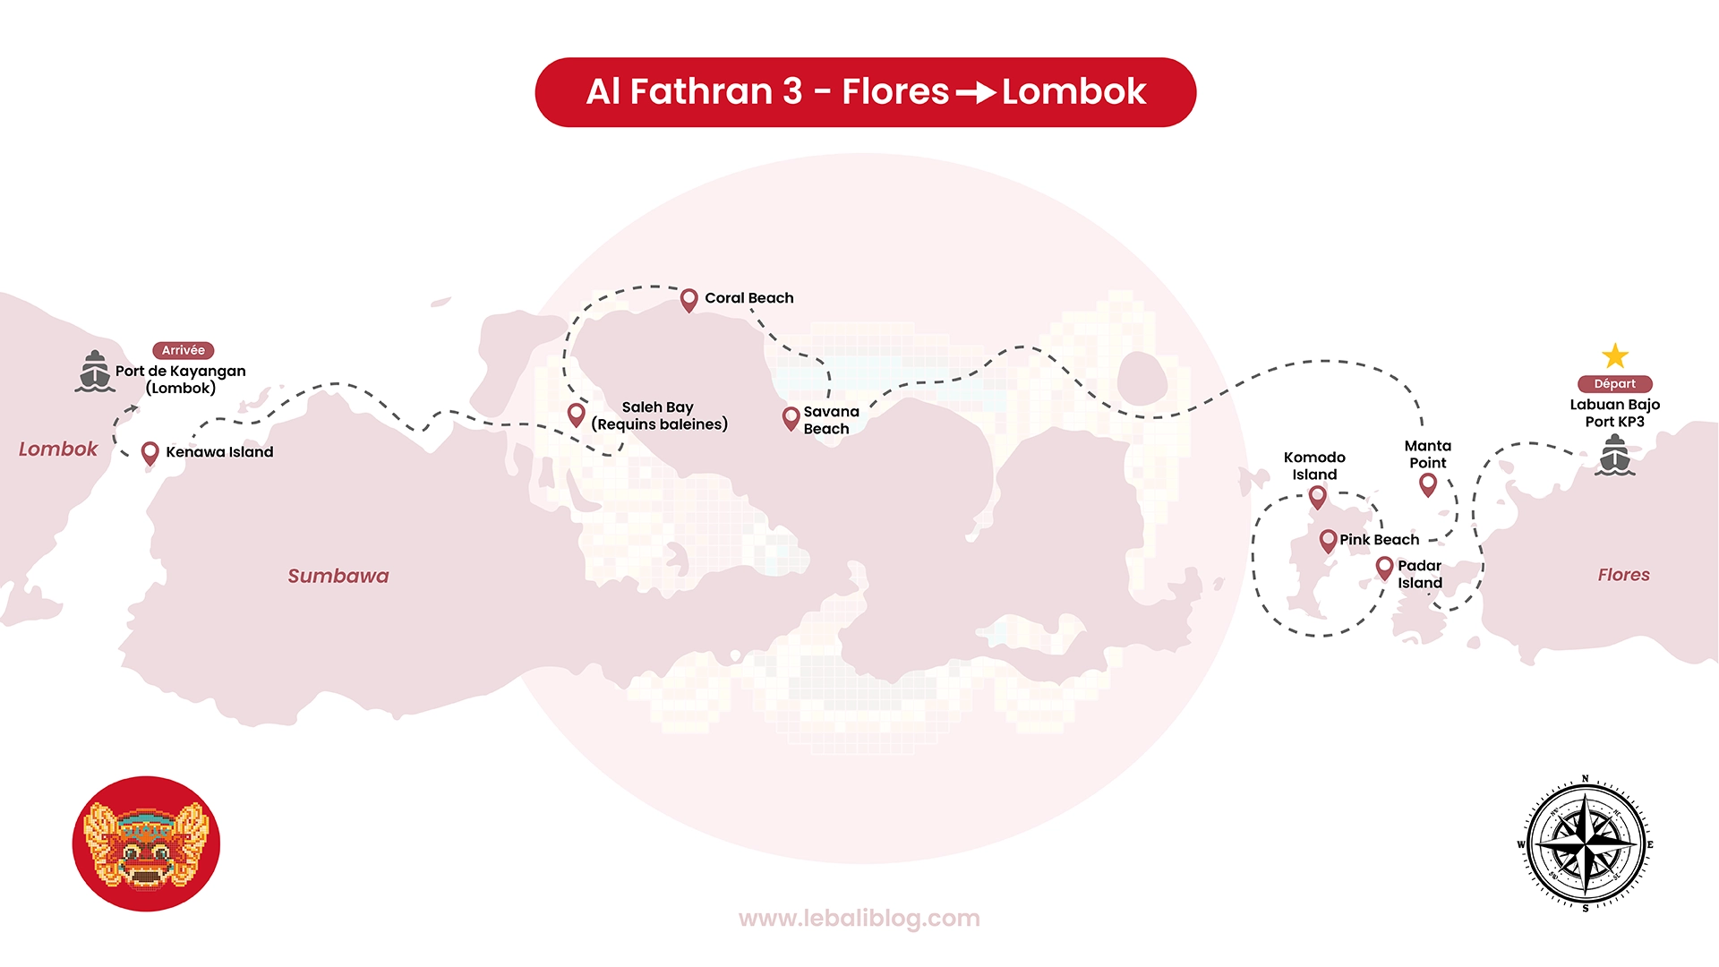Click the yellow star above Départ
click(x=1615, y=356)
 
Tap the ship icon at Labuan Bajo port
click(x=1615, y=455)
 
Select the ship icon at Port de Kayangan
click(x=95, y=372)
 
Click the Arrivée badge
click(x=184, y=350)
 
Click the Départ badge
click(x=1615, y=383)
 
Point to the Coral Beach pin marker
click(x=688, y=300)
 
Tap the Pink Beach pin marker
click(x=1328, y=541)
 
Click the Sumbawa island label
click(x=338, y=576)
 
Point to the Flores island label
click(x=1623, y=575)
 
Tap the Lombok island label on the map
click(x=58, y=449)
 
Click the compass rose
click(x=1586, y=843)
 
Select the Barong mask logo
click(x=146, y=843)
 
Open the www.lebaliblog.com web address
click(x=859, y=919)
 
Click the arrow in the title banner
click(x=976, y=92)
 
